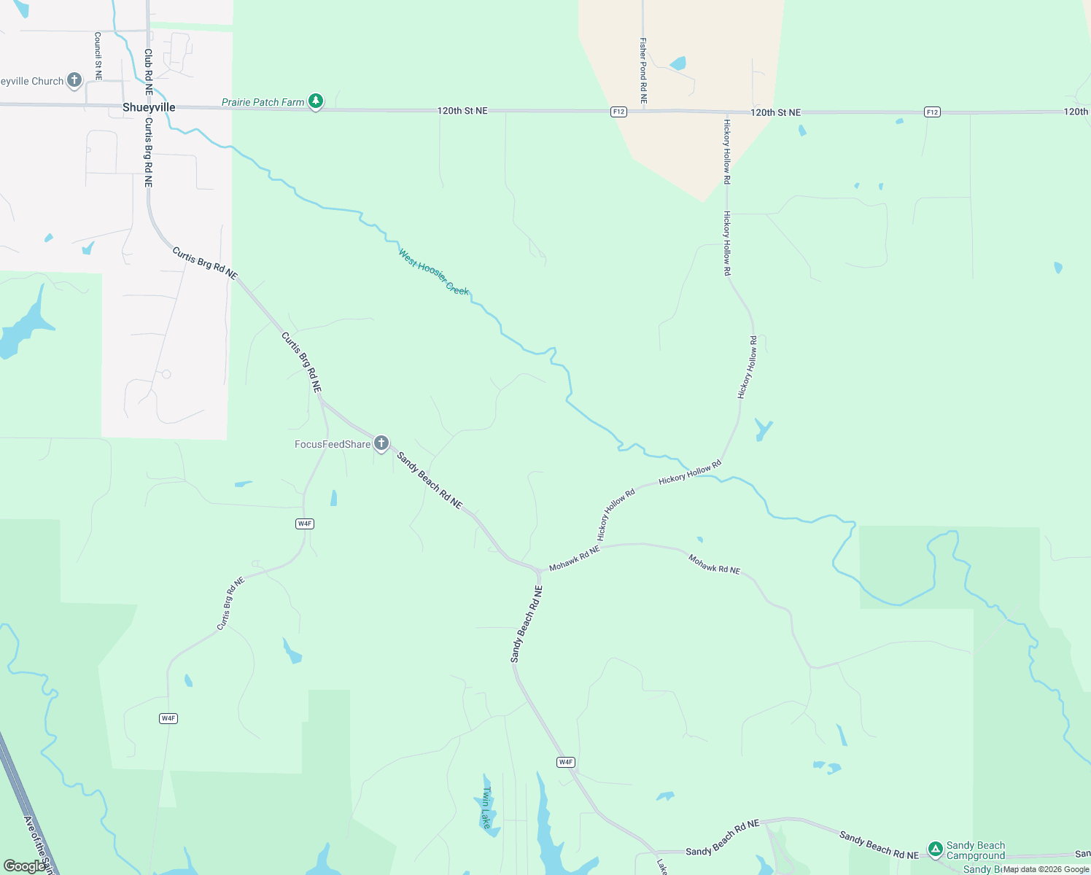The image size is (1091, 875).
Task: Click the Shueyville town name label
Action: click(149, 107)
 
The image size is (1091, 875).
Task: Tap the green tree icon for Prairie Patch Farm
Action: click(315, 101)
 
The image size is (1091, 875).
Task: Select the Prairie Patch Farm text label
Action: click(263, 102)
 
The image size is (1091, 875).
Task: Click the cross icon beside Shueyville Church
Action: click(74, 80)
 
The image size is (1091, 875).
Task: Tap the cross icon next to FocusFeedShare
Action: click(381, 443)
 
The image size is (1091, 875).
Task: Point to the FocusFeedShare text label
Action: click(333, 444)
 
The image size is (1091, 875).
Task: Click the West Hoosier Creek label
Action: click(433, 272)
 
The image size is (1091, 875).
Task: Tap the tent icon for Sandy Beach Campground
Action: click(935, 849)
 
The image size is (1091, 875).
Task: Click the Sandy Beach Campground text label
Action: click(976, 850)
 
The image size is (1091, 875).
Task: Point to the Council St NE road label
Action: click(98, 55)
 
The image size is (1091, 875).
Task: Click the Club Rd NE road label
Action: click(148, 71)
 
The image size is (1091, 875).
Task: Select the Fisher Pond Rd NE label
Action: click(643, 70)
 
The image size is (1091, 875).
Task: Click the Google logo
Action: click(24, 866)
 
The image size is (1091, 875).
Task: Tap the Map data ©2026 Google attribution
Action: click(1046, 869)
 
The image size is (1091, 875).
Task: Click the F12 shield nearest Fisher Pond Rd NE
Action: click(618, 112)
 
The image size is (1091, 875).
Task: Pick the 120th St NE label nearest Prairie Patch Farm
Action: click(462, 111)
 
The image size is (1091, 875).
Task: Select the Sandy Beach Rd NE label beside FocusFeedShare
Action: click(430, 481)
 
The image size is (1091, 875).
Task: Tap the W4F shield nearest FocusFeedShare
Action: click(305, 524)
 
